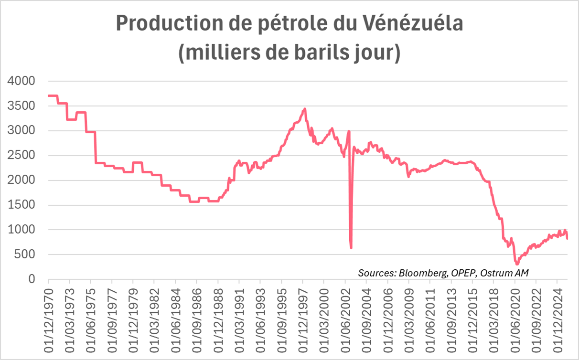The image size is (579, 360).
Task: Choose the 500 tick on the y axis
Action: click(27, 254)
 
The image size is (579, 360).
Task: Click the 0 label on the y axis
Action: click(32, 279)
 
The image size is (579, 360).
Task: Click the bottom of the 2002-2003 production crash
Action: click(351, 248)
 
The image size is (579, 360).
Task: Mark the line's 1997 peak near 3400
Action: click(305, 109)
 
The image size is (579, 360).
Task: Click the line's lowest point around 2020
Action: click(517, 264)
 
